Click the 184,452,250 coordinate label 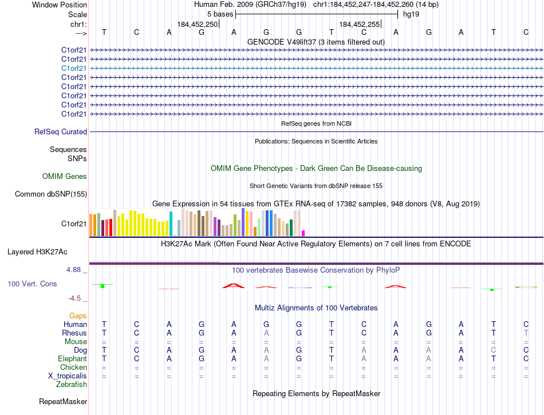click(x=198, y=24)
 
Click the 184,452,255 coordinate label click(x=359, y=24)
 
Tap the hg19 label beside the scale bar click(x=411, y=14)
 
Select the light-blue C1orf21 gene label click(x=74, y=68)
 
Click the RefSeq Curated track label click(x=61, y=132)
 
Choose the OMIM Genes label click(x=65, y=177)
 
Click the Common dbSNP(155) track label click(x=51, y=194)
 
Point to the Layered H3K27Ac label click(x=37, y=252)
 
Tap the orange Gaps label click(x=78, y=316)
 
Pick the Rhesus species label click(x=75, y=333)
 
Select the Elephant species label click(x=73, y=358)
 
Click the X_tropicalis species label click(x=68, y=376)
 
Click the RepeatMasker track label click(x=63, y=402)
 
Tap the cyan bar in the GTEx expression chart click(x=171, y=224)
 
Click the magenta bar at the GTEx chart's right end click(x=303, y=233)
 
